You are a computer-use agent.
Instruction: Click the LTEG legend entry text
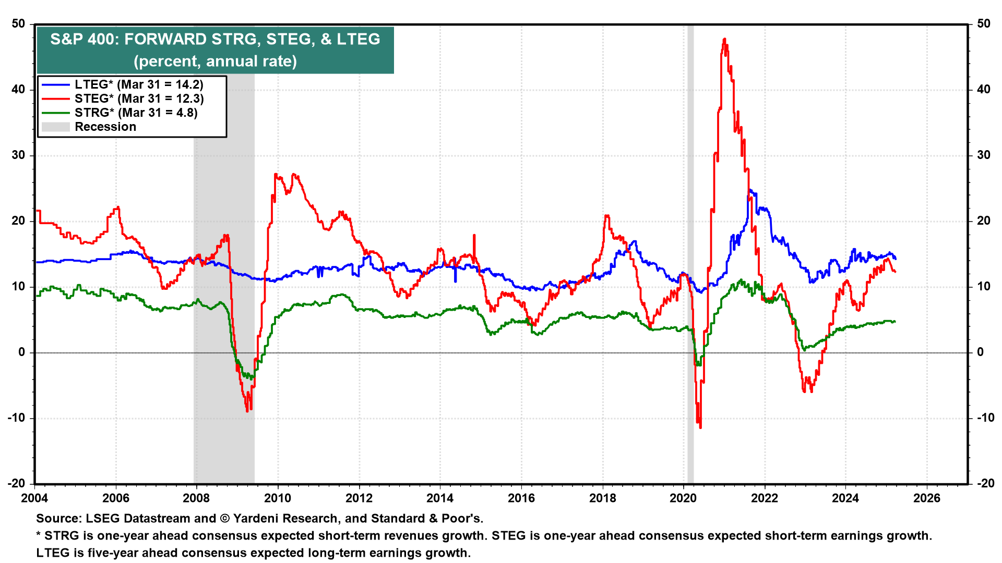pos(139,84)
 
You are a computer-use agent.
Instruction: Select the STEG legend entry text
pos(139,99)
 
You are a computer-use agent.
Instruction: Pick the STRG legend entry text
pos(136,113)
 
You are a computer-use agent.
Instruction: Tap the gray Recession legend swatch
pos(55,127)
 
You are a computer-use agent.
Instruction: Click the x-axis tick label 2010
pos(278,498)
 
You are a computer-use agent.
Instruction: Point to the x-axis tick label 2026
pos(927,498)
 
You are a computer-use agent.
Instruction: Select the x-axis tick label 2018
pos(602,498)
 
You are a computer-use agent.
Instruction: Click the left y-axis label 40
pos(19,89)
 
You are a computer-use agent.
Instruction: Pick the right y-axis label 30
pos(984,155)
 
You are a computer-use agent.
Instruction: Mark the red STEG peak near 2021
pos(724,39)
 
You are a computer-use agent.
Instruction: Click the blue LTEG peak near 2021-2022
pos(749,190)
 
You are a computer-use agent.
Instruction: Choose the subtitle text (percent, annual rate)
pos(215,61)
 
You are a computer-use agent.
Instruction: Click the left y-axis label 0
pos(22,352)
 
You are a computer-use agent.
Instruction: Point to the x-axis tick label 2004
pos(34,498)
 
